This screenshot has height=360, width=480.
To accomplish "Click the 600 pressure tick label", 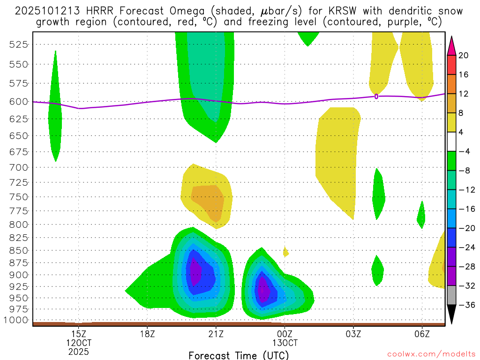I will pyautogui.click(x=19, y=101).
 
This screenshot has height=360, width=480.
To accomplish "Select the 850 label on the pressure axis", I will pyautogui.click(x=19, y=250).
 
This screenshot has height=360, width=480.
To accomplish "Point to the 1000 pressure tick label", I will pyautogui.click(x=17, y=320).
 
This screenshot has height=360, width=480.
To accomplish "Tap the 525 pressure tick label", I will pyautogui.click(x=19, y=44).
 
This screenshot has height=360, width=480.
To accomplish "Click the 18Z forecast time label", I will pyautogui.click(x=147, y=334).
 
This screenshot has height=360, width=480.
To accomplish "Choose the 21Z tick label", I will pyautogui.click(x=216, y=334).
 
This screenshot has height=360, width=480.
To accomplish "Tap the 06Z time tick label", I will pyautogui.click(x=422, y=334).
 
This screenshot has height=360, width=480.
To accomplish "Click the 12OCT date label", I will pyautogui.click(x=78, y=343).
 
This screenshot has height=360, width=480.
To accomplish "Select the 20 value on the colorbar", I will pyautogui.click(x=464, y=55).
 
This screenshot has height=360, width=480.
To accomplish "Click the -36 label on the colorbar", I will pyautogui.click(x=464, y=305).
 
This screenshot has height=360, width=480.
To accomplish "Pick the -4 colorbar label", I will pyautogui.click(x=464, y=151).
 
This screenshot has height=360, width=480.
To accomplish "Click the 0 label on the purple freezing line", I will pyautogui.click(x=376, y=96).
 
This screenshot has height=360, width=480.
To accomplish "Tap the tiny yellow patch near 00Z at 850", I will pyautogui.click(x=285, y=252).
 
